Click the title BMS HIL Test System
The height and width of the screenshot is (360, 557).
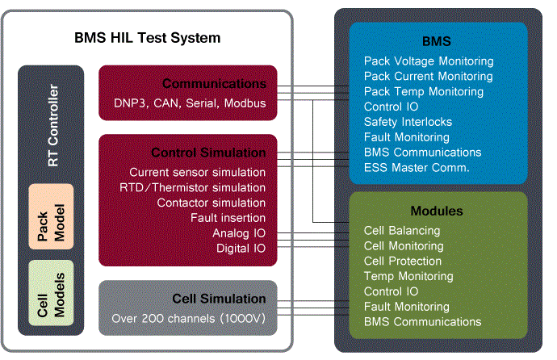[147, 38]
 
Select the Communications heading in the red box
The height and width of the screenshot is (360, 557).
[214, 83]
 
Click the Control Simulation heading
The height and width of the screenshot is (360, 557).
[208, 153]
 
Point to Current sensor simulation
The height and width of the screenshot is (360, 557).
[197, 172]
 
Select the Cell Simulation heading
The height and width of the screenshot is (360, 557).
[219, 299]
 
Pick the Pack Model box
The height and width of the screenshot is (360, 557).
[51, 216]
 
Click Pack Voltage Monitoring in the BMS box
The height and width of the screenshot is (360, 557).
[429, 61]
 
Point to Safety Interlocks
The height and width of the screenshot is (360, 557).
[408, 122]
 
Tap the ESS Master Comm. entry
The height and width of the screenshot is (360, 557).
[417, 168]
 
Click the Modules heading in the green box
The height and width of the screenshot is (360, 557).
[437, 211]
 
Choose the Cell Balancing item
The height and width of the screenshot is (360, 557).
[402, 231]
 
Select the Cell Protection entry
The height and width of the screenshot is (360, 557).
[403, 262]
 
